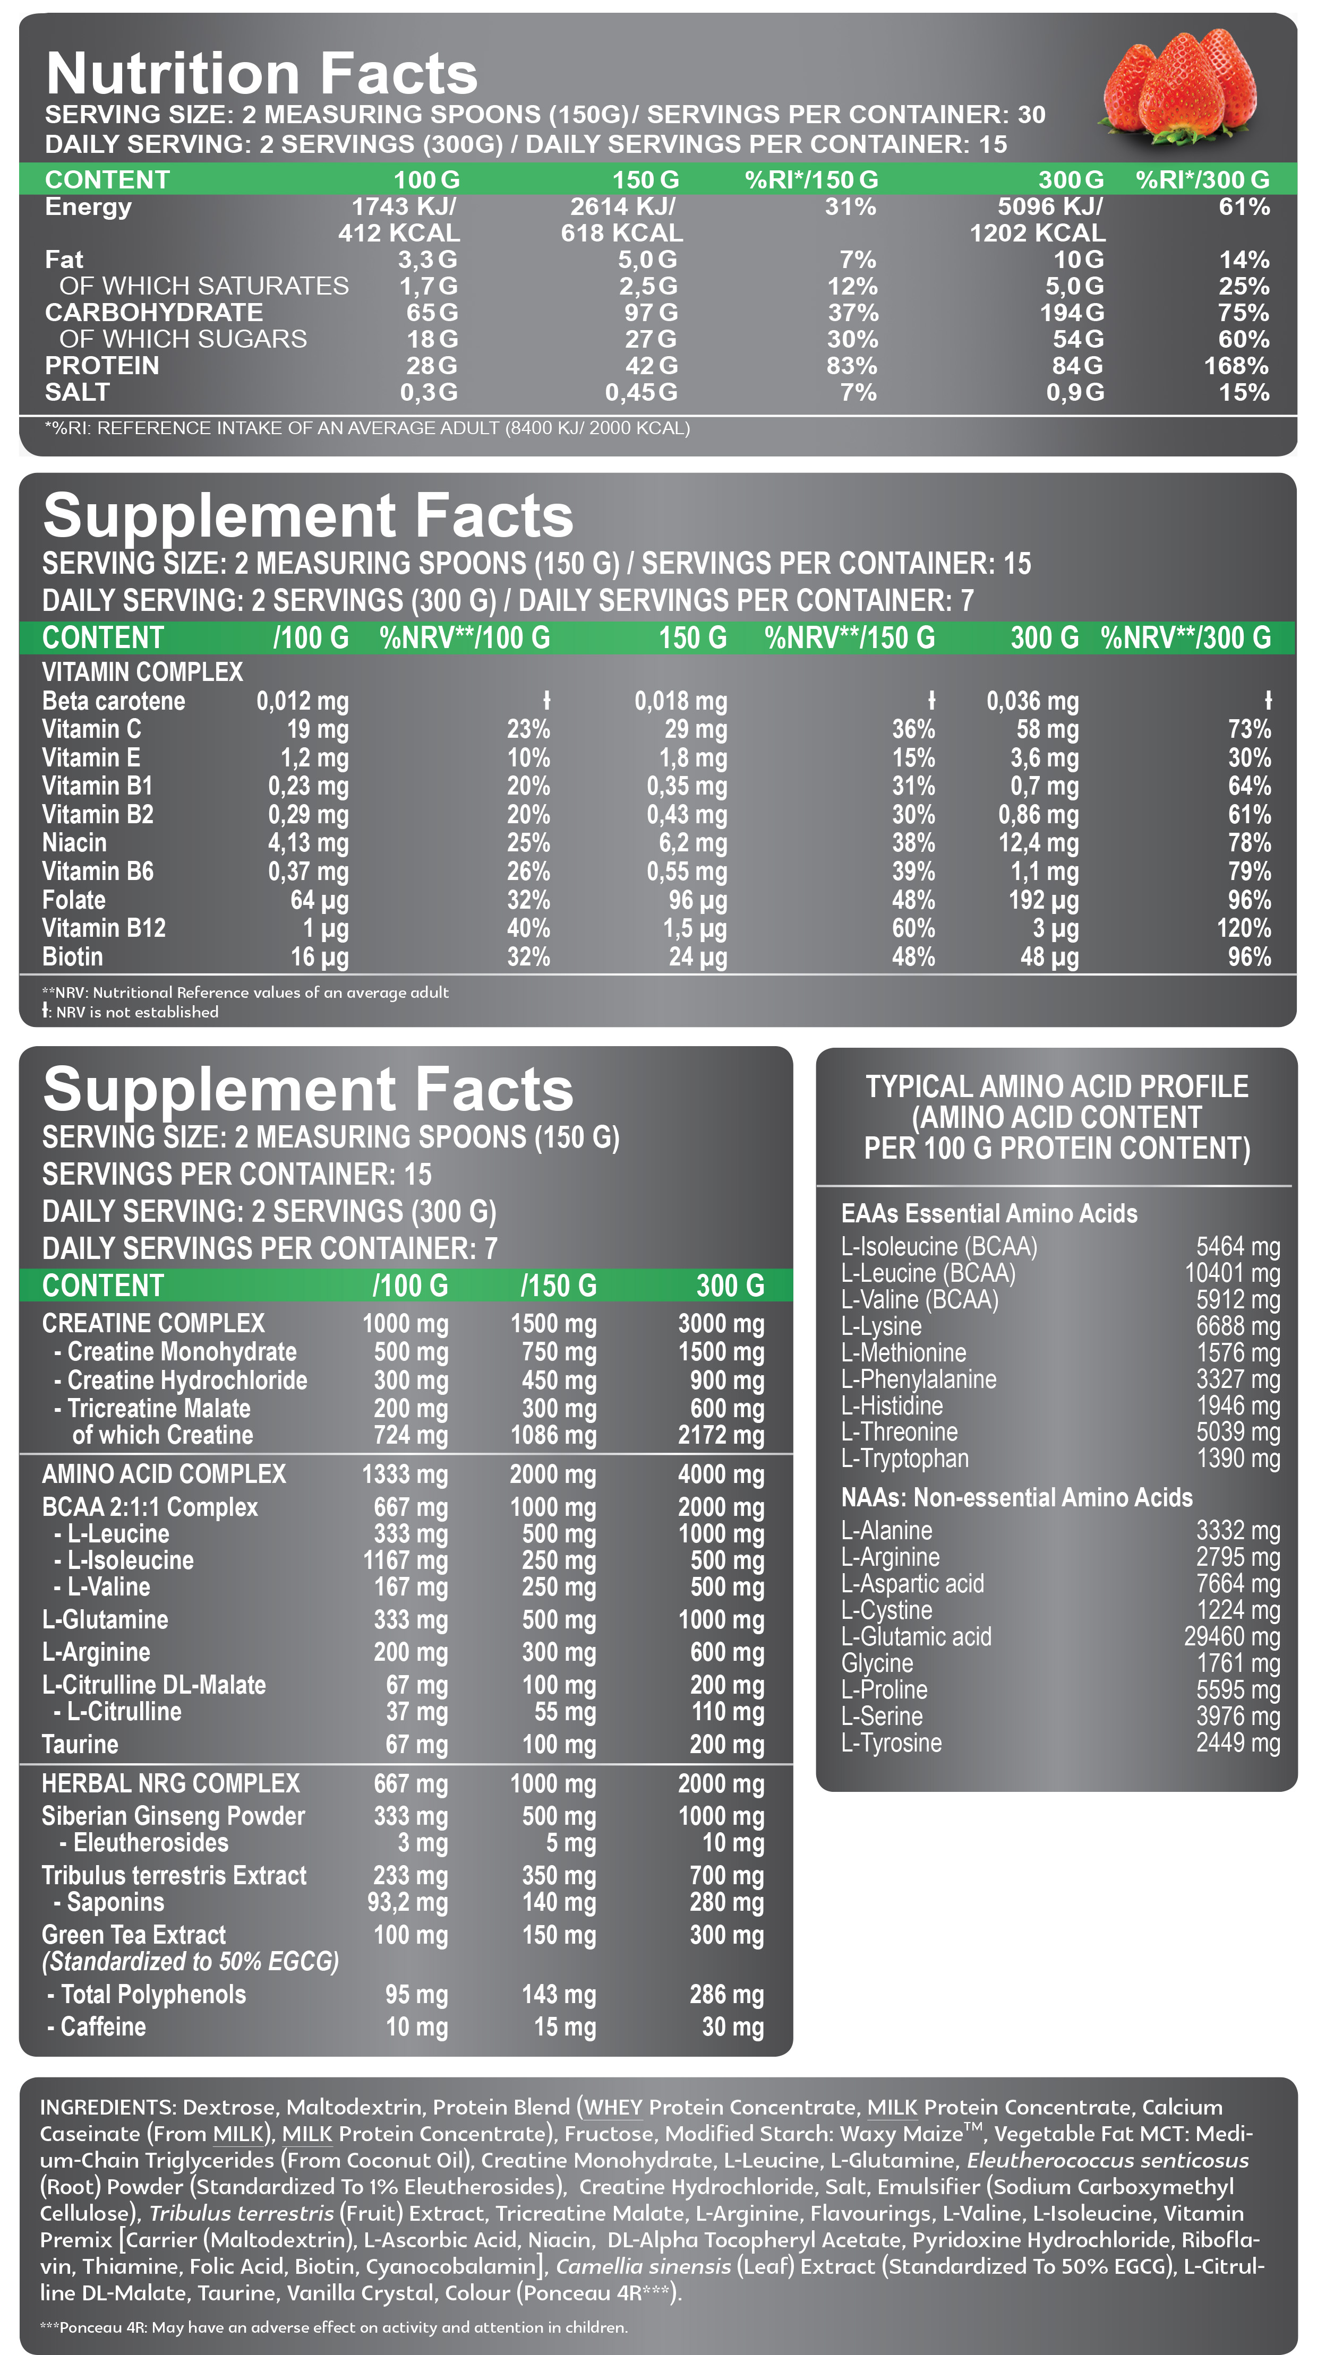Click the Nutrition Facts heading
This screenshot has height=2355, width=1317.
point(262,73)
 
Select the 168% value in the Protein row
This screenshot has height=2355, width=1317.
point(1236,366)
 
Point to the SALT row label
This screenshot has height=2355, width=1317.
point(77,392)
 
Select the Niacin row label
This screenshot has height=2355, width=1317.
point(74,843)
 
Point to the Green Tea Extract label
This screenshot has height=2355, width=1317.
point(133,1935)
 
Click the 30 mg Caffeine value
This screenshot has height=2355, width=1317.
point(733,2027)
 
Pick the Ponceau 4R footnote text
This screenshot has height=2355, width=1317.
point(334,2327)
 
